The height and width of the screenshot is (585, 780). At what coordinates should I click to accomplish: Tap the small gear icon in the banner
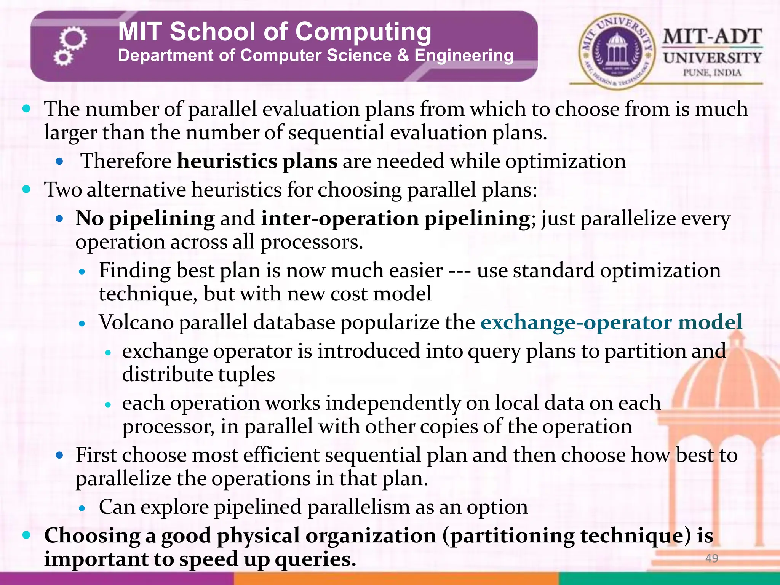[63, 58]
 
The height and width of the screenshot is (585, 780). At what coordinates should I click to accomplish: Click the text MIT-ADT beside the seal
[712, 37]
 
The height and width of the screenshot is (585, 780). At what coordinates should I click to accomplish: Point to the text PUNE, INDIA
[712, 73]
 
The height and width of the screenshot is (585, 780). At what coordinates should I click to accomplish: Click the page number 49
[711, 558]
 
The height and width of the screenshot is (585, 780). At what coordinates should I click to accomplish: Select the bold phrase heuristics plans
[257, 161]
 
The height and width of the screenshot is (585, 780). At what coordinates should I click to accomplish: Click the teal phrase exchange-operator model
[611, 322]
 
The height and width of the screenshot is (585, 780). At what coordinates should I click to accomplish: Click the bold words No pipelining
[145, 219]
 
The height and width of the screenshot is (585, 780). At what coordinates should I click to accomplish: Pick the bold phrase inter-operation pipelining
[395, 219]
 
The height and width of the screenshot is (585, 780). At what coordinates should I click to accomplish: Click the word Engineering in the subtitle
[464, 56]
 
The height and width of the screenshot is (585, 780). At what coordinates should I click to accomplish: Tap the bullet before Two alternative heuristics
[26, 189]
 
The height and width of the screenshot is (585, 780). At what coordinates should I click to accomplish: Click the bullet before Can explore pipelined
[82, 508]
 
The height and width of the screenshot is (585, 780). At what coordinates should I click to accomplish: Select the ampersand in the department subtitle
[403, 56]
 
